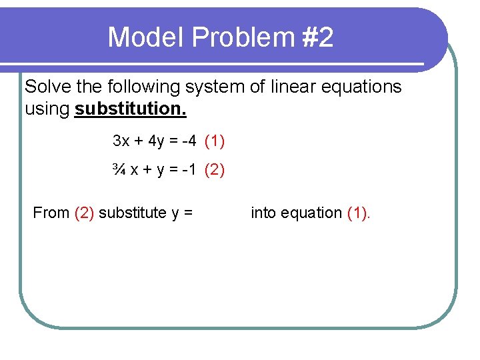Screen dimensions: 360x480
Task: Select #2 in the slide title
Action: pos(317,37)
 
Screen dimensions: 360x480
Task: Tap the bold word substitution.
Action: pos(131,109)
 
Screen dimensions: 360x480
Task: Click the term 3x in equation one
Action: pos(121,141)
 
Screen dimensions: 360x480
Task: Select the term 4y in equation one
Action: pos(156,141)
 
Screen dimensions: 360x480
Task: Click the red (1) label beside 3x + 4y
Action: pos(215,141)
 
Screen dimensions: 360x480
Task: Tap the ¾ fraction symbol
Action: pos(119,170)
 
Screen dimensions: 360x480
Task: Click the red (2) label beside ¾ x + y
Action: pos(215,170)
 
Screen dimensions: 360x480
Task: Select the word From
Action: pos(51,213)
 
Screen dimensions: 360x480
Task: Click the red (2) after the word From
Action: pos(85,213)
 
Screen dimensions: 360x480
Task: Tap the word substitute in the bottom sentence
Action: pos(133,213)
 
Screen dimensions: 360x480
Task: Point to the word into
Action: pos(263,213)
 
